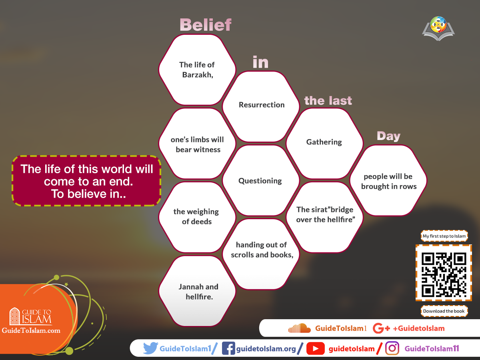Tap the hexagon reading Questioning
(x=260, y=181)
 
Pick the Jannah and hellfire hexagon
(x=198, y=292)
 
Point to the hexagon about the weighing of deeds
(x=196, y=216)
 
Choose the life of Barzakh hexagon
(x=197, y=70)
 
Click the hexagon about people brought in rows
(x=388, y=181)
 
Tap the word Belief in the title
(x=205, y=25)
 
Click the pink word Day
(x=388, y=136)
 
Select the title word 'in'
(x=260, y=62)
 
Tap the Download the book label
(x=444, y=311)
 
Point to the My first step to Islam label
(x=444, y=236)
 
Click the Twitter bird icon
(x=150, y=348)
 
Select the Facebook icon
(x=228, y=348)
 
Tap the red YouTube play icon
(x=315, y=349)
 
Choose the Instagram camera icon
(x=392, y=348)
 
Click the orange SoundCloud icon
(x=300, y=328)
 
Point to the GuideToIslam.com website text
(x=31, y=330)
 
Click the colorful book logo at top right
(x=439, y=28)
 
